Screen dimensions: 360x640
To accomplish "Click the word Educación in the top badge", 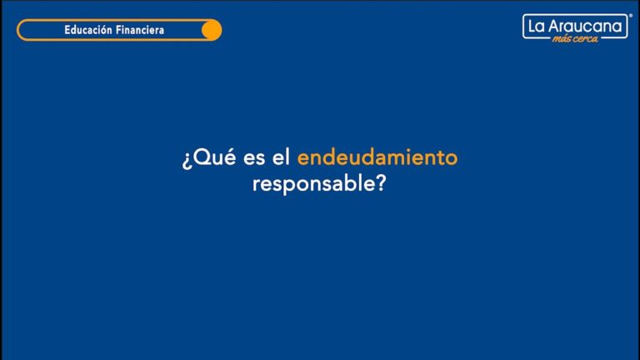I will (88, 31).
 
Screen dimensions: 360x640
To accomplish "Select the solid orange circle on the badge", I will (212, 31).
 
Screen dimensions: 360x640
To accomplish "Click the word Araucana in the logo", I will (585, 27).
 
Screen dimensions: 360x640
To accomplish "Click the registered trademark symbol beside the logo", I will (630, 15).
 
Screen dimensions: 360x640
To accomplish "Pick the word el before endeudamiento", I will (279, 157).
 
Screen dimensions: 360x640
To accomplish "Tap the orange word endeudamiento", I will (377, 157).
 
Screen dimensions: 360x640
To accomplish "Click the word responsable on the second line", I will (312, 184).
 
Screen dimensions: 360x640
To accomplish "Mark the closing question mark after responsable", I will (381, 183).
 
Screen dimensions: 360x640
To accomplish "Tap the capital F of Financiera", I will (118, 31).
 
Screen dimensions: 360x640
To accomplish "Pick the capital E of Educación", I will (67, 31).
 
